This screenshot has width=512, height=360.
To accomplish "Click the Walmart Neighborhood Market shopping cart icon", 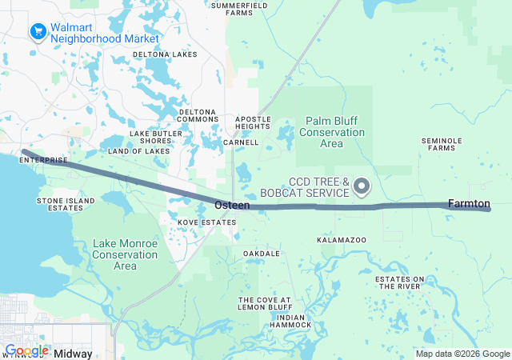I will pos(38,32).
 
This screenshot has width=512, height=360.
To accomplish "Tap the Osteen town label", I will pos(232,206).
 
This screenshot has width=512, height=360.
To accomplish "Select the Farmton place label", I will pos(469,203).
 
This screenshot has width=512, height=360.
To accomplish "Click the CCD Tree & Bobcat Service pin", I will pos(362,187).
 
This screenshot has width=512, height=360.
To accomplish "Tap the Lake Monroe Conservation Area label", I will pos(125,254).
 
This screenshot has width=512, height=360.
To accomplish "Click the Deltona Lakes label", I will pos(165,54).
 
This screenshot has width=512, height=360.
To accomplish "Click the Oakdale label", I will pos(262,254).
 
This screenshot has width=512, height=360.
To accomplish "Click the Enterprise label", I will pos(43,160).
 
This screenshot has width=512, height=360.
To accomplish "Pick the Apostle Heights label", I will pos(253,123).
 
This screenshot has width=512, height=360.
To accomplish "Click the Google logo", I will pos(27,350).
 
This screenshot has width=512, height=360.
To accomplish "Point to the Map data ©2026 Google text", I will pos(462,354).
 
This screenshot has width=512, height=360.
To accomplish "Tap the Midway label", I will pos(73,353).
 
